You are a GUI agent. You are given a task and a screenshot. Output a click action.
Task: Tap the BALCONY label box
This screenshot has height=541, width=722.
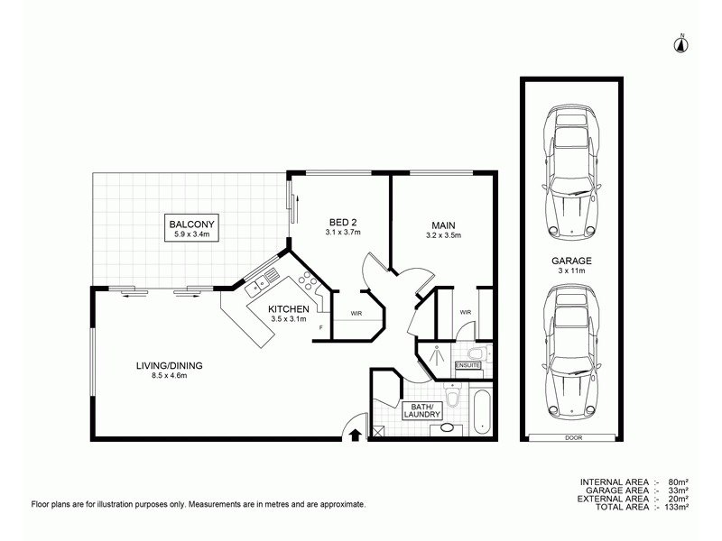pos(191,228)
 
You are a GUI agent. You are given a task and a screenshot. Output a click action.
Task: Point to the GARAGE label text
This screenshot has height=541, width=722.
pos(570,264)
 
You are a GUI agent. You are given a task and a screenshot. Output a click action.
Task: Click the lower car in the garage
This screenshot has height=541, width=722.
pos(570,353)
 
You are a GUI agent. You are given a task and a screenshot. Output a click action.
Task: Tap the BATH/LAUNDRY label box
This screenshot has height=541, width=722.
pos(424,412)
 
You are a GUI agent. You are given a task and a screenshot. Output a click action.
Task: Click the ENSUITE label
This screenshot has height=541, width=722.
pos(468,365)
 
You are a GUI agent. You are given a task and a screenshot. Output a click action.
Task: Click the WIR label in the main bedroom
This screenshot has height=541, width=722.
pos(466,313)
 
